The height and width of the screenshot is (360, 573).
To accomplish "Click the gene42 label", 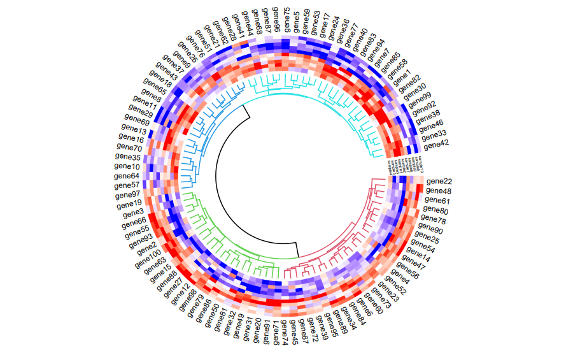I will [x=436, y=145].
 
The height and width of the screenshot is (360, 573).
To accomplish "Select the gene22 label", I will [x=439, y=182].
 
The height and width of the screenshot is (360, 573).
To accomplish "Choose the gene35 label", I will [x=127, y=157].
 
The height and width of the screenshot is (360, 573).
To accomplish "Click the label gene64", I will [x=126, y=176].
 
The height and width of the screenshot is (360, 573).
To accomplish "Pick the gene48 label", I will [x=439, y=191].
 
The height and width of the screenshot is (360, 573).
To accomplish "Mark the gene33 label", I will [x=434, y=134].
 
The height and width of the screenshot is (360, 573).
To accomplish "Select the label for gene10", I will [x=127, y=166].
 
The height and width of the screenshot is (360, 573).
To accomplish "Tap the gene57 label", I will [x=127, y=185].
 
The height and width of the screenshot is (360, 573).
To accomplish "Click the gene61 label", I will [x=437, y=201].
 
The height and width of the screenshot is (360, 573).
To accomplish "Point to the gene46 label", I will [x=430, y=124].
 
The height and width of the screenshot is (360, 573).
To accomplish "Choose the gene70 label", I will [x=130, y=148].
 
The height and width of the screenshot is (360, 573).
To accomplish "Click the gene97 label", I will [x=128, y=194].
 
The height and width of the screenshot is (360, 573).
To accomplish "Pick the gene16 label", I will [x=131, y=138].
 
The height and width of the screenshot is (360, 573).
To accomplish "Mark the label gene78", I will [x=433, y=220].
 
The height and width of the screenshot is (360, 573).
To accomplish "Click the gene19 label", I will [x=130, y=205].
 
